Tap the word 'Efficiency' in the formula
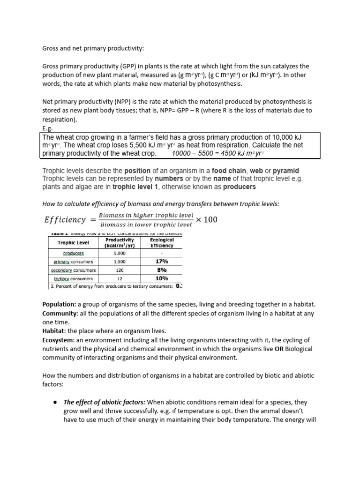click(x=65, y=220)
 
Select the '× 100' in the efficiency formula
click(x=206, y=220)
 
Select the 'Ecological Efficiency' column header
click(x=162, y=243)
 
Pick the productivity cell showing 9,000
click(x=120, y=253)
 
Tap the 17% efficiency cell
click(x=162, y=262)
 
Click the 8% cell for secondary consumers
click(x=162, y=270)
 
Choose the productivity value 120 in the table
click(x=120, y=270)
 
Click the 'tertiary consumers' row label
click(x=73, y=278)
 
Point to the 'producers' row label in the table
click(x=73, y=253)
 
